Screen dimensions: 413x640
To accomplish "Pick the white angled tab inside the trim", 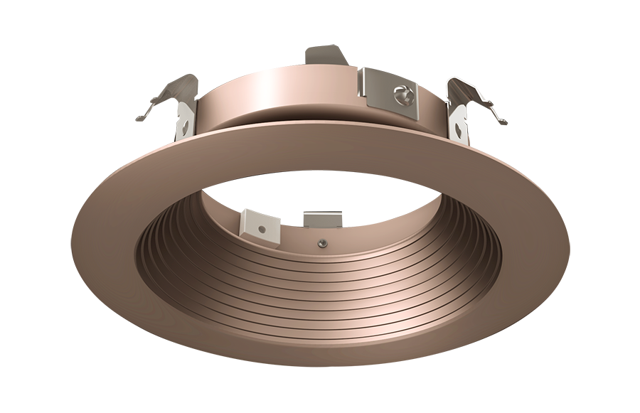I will pyautogui.click(x=260, y=223).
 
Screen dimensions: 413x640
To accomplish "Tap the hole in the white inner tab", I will pyautogui.click(x=262, y=229).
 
